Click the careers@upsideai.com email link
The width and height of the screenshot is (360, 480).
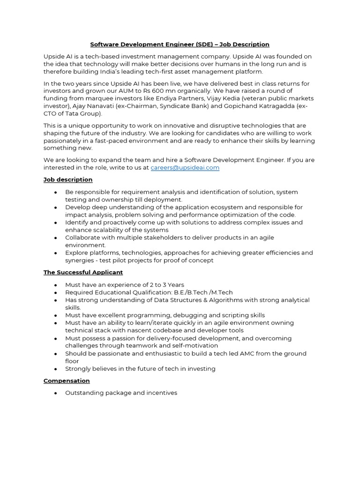(185, 168)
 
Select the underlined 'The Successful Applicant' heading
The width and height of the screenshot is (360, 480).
(83, 272)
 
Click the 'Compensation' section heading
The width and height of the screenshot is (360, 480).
(67, 381)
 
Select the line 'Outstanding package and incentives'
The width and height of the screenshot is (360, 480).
(121, 393)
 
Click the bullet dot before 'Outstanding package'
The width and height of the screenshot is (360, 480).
(56, 393)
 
